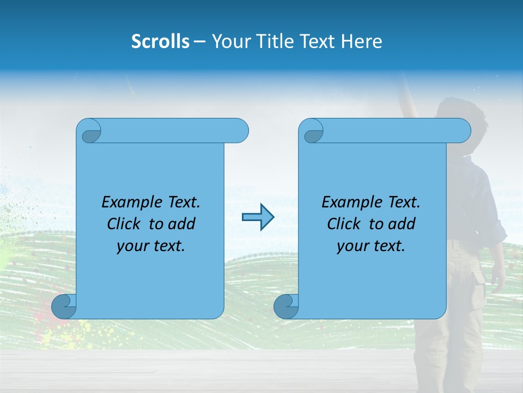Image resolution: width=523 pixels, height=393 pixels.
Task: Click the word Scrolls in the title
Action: click(160, 41)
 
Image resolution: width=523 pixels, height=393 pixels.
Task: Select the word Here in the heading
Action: click(361, 41)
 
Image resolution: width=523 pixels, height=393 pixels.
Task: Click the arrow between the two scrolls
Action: click(258, 217)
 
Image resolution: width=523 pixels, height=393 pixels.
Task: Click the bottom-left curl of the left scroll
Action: click(64, 307)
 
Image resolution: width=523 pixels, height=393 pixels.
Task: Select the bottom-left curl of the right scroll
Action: click(286, 307)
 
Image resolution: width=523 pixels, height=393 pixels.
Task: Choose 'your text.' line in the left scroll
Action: click(151, 246)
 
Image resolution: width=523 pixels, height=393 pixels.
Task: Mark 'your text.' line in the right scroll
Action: click(371, 246)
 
